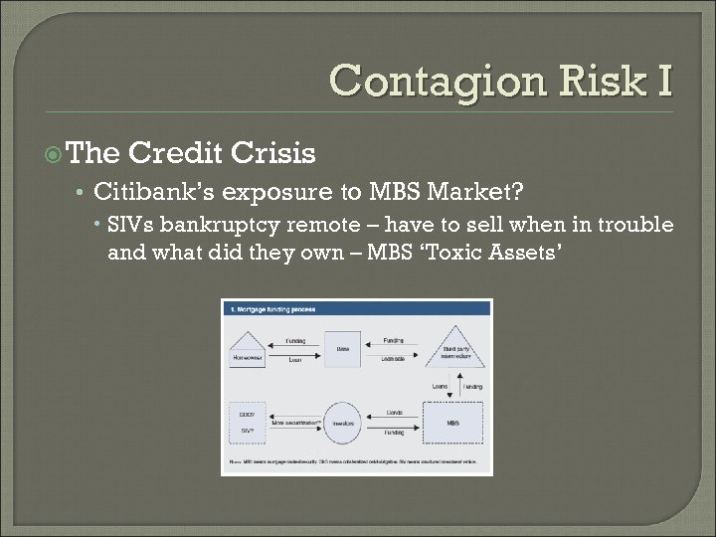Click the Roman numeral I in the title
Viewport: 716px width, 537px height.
(x=663, y=80)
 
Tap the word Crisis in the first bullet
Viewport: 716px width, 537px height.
(x=272, y=153)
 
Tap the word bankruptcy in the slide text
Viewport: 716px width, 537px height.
(x=221, y=226)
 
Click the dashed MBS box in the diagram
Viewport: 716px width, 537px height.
(x=452, y=422)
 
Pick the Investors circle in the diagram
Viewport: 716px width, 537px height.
(x=342, y=422)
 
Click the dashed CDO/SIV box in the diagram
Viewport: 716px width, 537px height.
(x=248, y=421)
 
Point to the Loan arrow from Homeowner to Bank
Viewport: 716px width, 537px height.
(x=295, y=355)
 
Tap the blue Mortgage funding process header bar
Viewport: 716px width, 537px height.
(x=356, y=309)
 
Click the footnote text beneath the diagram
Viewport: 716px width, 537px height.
(x=356, y=462)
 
